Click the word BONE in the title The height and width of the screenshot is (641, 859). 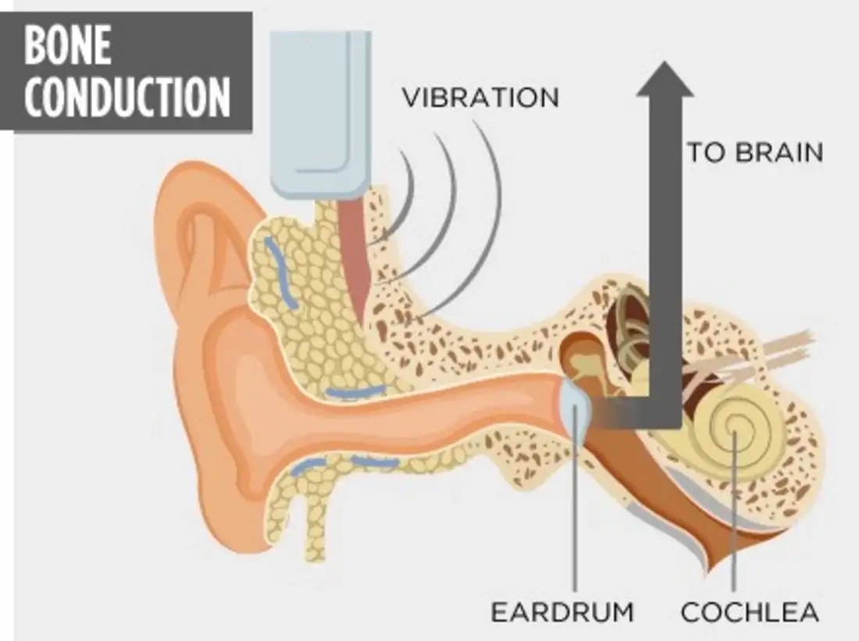click(68, 46)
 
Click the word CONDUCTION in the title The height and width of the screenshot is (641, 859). click(127, 97)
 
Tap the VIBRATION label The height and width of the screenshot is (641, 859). click(480, 98)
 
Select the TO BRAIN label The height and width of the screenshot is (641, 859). click(755, 152)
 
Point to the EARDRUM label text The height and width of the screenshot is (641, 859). click(562, 611)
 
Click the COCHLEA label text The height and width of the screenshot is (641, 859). click(750, 611)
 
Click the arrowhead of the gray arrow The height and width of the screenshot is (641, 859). click(665, 79)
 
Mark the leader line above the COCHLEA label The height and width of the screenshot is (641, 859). click(734, 510)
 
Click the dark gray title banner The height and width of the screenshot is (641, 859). click(127, 72)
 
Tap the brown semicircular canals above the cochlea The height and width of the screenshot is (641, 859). click(630, 334)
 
